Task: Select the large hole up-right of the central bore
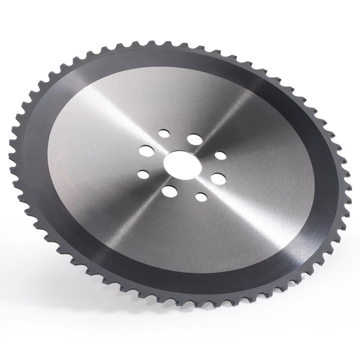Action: coord(195,139)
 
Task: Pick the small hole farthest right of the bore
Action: coord(220,156)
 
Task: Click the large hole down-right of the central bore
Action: coord(218,178)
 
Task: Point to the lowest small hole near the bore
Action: coord(201,196)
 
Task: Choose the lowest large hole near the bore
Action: coord(169,191)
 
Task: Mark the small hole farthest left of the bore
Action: coord(143,174)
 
